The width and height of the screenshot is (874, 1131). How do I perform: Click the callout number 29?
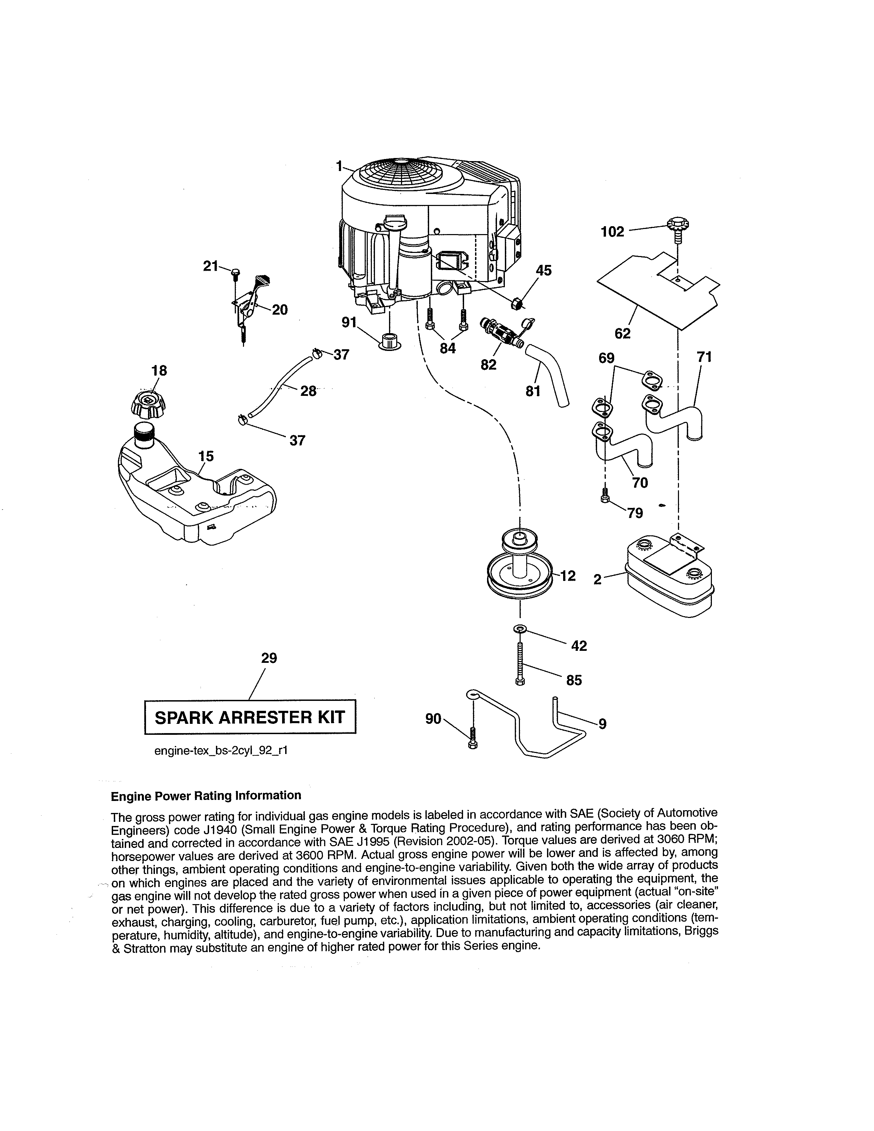269,658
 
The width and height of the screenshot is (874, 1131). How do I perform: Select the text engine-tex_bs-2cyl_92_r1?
221,750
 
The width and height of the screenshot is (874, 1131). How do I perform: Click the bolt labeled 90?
473,738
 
